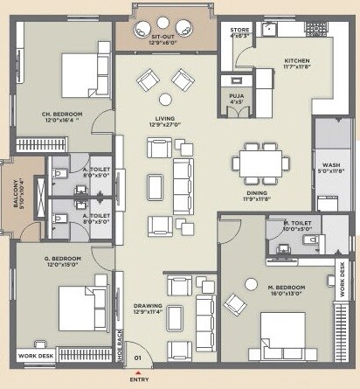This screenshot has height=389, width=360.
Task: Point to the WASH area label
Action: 331,164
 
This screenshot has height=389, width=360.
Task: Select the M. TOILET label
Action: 296,224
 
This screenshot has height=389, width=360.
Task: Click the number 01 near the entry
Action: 136,358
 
